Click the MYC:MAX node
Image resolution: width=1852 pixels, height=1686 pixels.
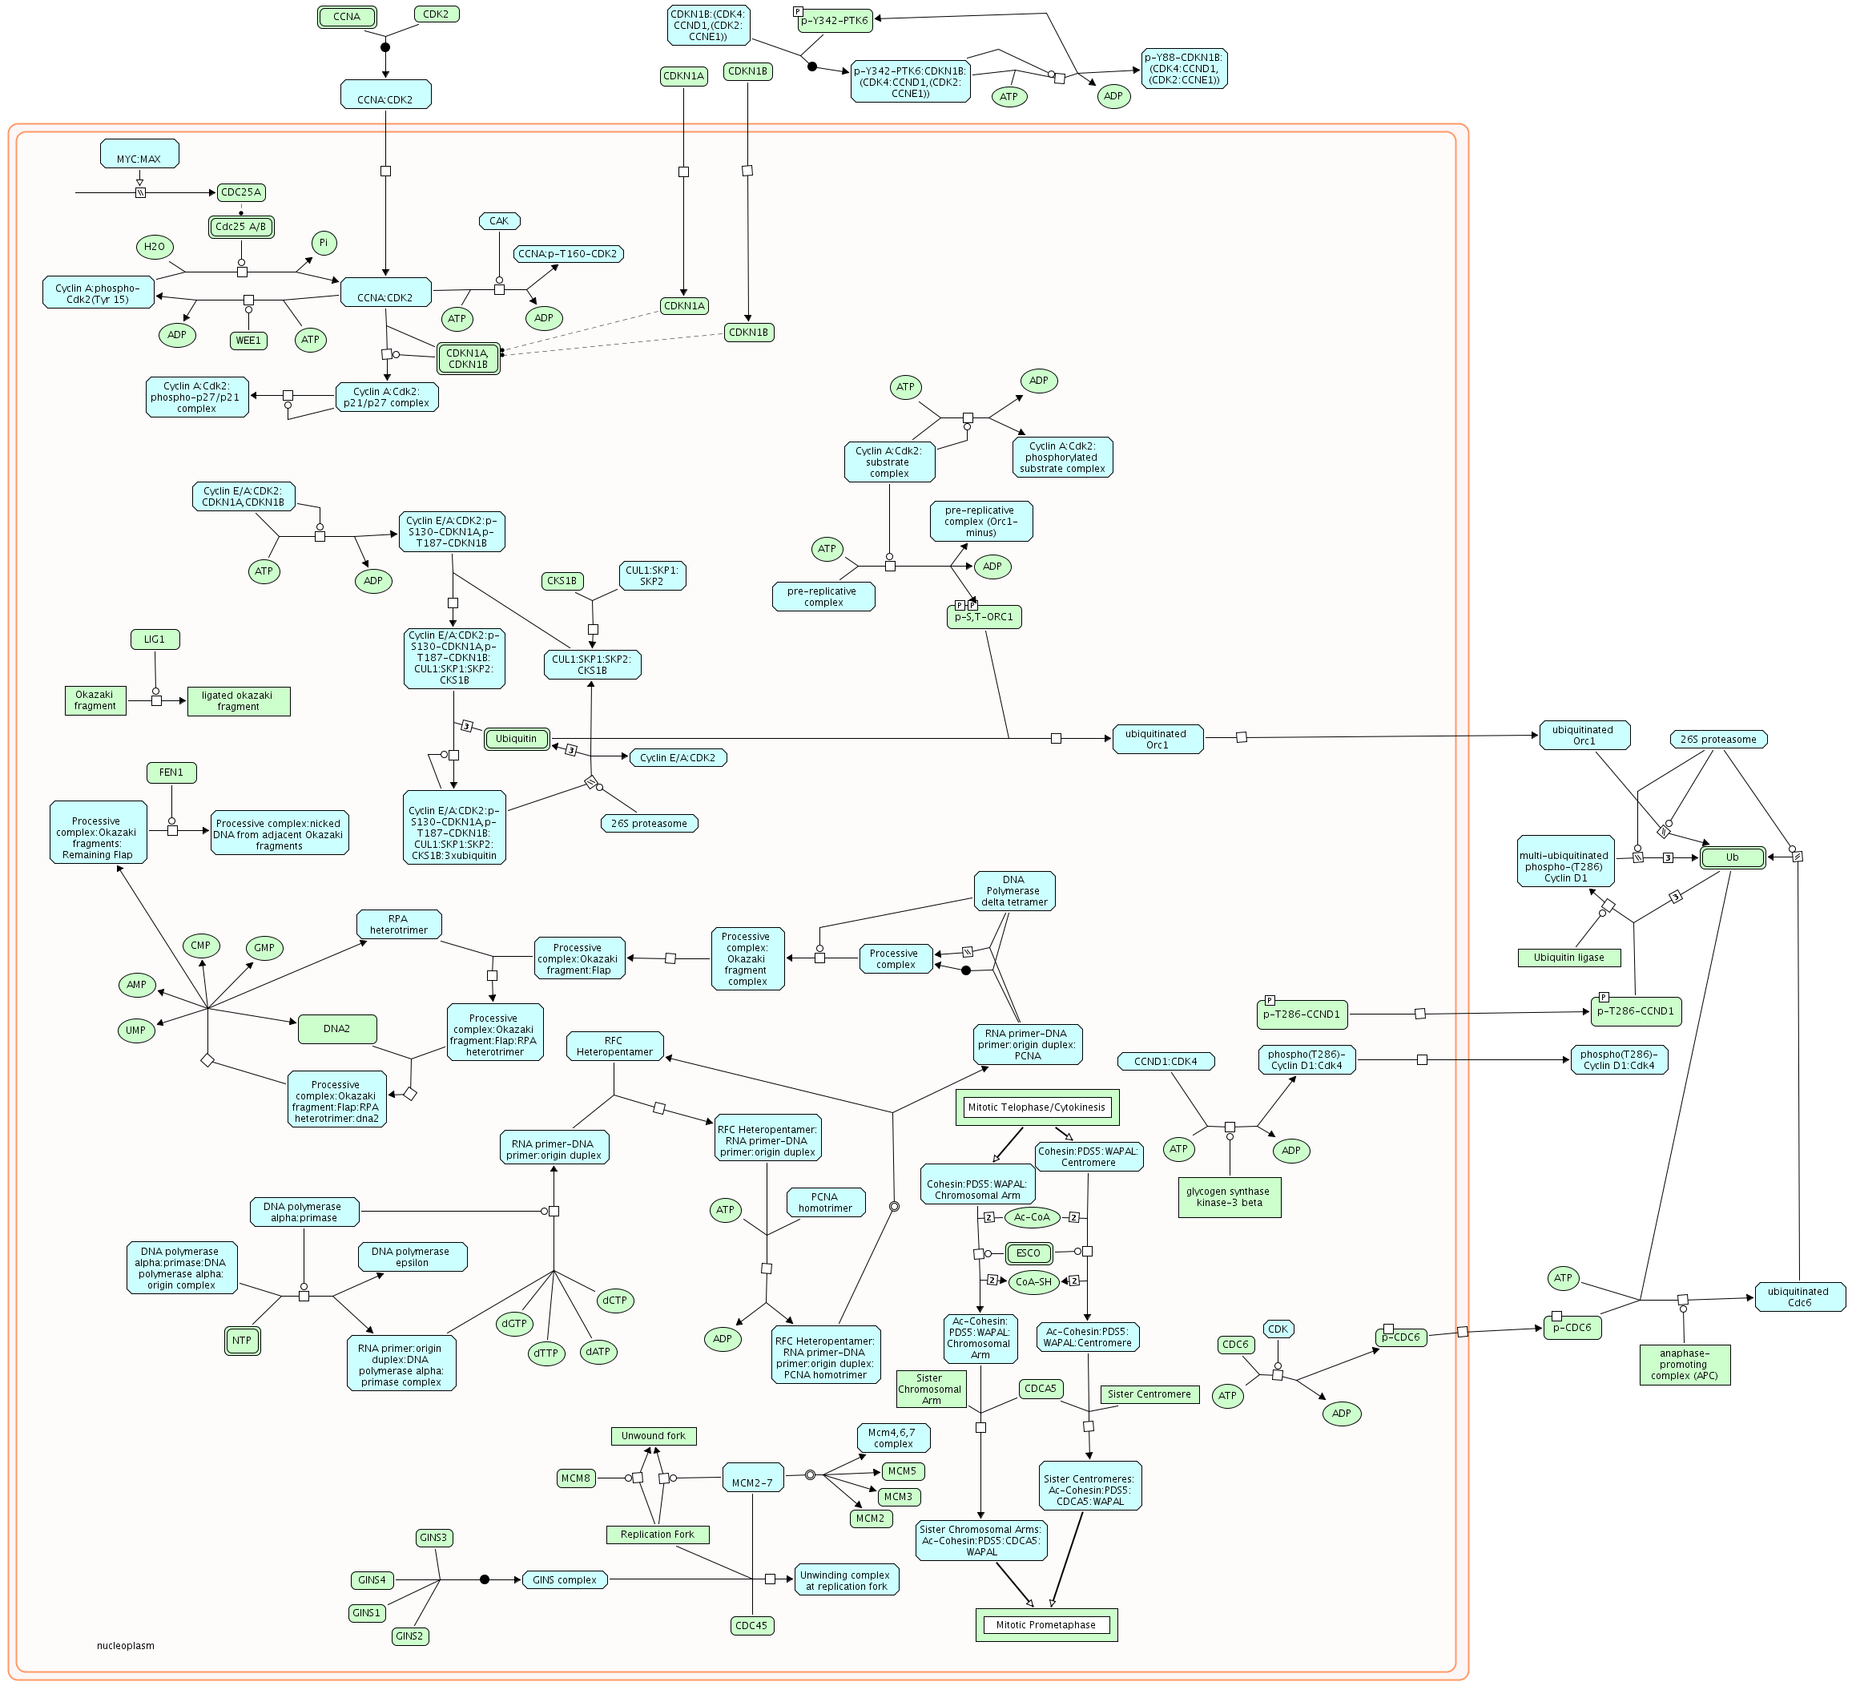click(139, 155)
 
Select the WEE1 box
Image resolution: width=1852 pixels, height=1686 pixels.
click(248, 341)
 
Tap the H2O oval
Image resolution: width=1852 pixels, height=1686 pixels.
click(155, 246)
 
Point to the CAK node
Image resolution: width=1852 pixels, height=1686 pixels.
click(499, 220)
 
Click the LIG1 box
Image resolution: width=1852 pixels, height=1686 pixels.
click(155, 639)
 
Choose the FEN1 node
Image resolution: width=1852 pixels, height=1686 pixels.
click(171, 772)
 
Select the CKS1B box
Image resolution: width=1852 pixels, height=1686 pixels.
click(562, 581)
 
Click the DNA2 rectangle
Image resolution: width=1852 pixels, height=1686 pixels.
click(337, 1029)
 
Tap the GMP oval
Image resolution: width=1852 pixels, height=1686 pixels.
click(264, 948)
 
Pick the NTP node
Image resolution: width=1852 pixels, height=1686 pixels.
click(242, 1341)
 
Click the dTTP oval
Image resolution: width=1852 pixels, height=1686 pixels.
click(546, 1353)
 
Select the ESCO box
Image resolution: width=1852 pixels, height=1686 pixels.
click(1028, 1253)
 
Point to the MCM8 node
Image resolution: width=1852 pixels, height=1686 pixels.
click(576, 1478)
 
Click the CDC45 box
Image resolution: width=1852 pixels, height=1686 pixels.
click(751, 1625)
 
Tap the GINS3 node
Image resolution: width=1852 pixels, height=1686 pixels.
click(433, 1538)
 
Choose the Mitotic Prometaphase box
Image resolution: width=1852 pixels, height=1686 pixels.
click(1045, 1624)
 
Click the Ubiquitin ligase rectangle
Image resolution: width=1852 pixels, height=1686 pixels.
click(1568, 958)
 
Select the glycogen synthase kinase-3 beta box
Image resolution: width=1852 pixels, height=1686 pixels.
click(1228, 1197)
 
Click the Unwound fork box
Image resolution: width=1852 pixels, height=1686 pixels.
click(653, 1436)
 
